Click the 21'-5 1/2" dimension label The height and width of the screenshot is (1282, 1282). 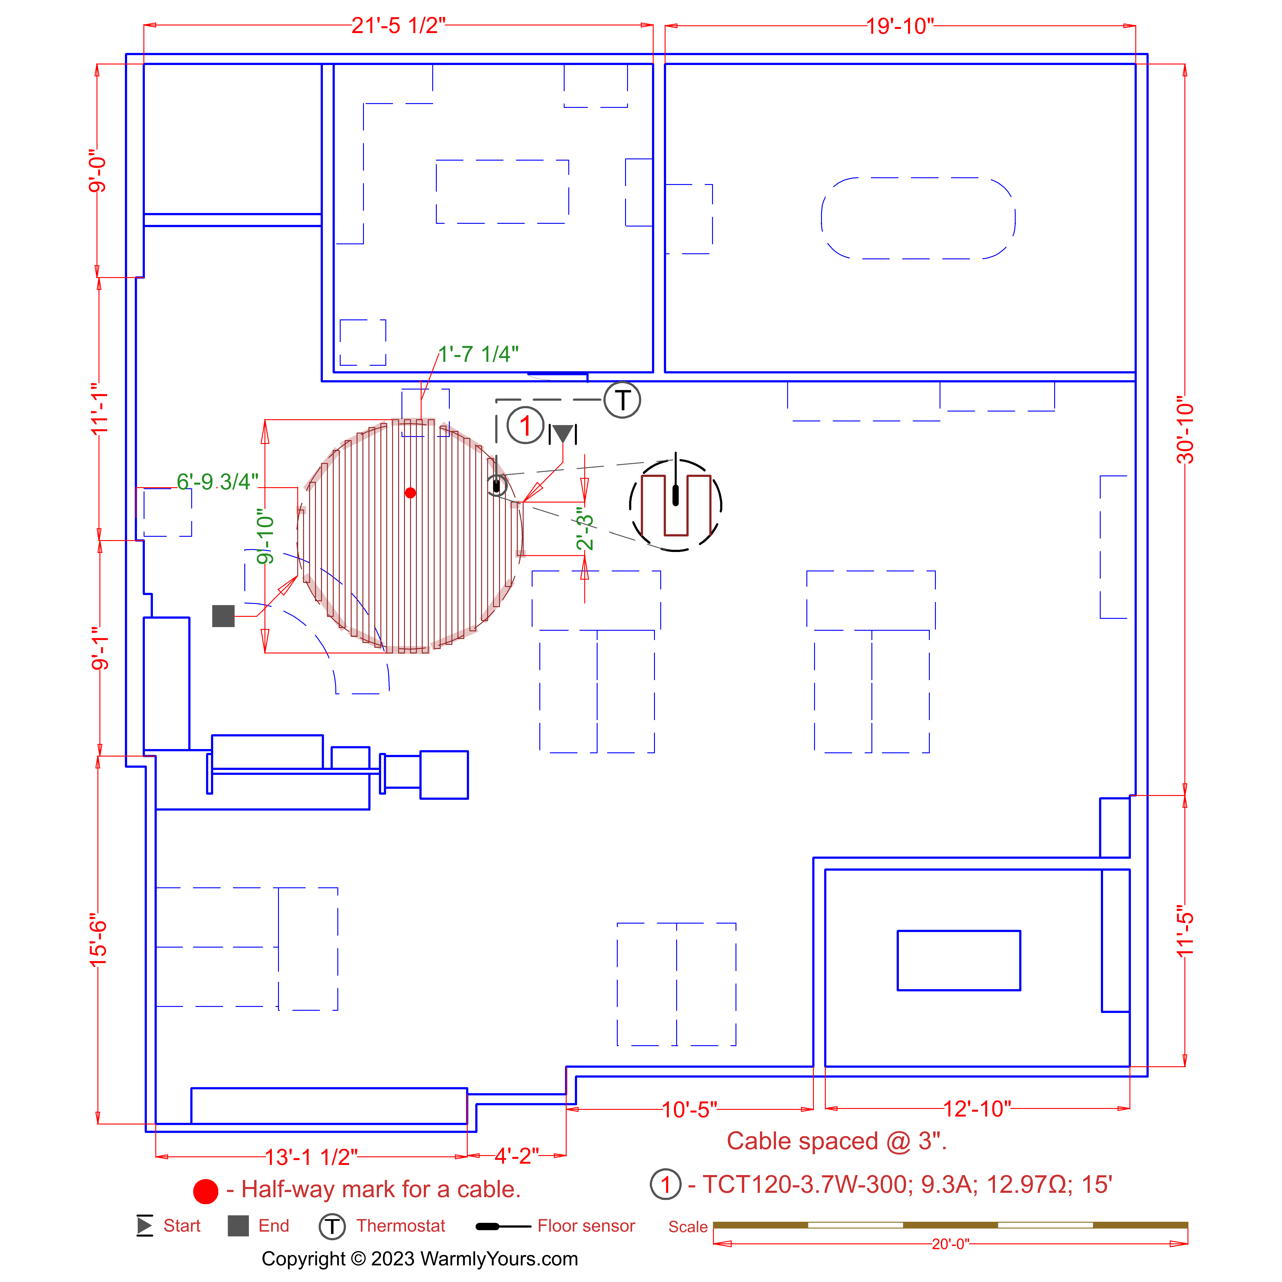(x=398, y=26)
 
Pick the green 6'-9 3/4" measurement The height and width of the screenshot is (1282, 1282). (x=218, y=482)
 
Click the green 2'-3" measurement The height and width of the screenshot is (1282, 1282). (x=585, y=529)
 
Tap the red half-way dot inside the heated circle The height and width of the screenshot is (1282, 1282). (x=410, y=492)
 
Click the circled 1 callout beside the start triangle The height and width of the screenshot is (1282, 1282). (x=526, y=425)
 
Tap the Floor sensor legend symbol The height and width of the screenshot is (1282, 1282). (x=503, y=1226)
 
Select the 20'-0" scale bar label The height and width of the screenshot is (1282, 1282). (x=950, y=1244)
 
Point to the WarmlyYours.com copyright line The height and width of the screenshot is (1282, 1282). (x=420, y=1259)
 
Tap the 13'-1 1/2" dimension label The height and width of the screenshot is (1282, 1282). (x=311, y=1157)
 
